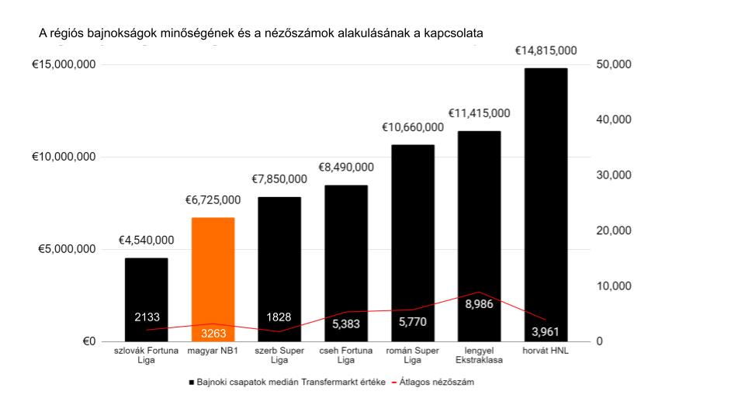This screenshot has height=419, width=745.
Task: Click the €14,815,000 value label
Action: point(546,50)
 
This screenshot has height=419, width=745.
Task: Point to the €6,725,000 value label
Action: point(213,200)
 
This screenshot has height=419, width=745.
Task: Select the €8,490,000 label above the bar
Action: point(345,167)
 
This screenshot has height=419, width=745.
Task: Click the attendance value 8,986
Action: point(479,305)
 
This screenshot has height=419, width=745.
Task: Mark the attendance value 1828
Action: point(279,317)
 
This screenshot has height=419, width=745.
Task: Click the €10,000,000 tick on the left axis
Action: point(64,157)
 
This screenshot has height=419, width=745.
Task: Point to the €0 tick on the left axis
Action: point(88,341)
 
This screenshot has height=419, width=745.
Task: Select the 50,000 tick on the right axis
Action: point(614,64)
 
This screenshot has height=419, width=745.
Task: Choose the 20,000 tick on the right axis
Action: point(614,230)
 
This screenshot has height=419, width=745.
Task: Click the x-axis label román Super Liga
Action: point(412,355)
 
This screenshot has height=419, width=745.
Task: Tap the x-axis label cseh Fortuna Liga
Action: point(345,355)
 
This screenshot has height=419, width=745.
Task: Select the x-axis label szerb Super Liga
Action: point(279,355)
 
